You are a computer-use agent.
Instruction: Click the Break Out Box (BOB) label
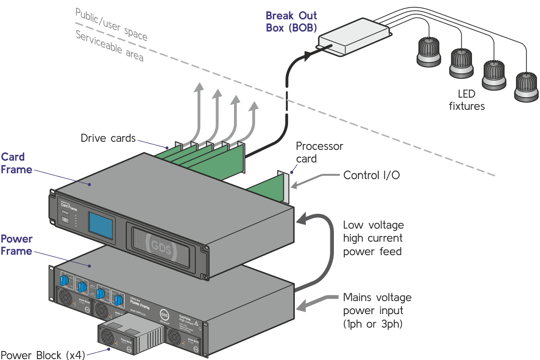(291, 21)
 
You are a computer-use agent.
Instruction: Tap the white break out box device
(355, 37)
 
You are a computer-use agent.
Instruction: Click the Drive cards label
(108, 138)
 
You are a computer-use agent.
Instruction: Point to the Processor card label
(319, 152)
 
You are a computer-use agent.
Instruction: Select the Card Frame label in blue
(16, 163)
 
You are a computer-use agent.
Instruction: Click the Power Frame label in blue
(16, 245)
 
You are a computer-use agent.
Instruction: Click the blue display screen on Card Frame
(100, 225)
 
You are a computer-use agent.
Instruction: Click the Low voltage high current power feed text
(373, 238)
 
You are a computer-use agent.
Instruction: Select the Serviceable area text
(109, 46)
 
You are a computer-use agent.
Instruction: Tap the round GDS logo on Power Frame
(165, 313)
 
